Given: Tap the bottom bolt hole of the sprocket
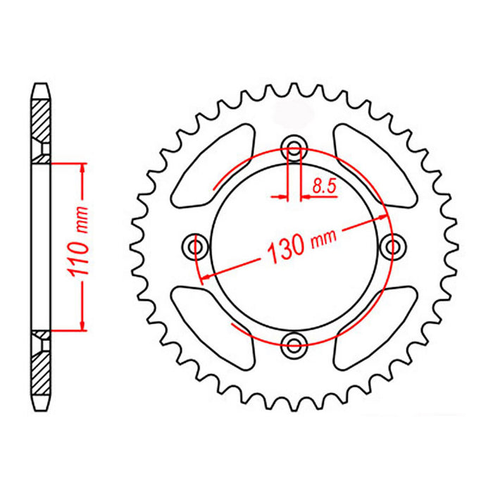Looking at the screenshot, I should (294, 344).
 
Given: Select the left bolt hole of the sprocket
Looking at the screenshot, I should (196, 246).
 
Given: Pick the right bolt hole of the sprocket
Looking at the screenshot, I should (392, 246).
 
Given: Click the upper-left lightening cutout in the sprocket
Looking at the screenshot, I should (212, 166).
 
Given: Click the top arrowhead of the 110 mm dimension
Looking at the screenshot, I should (83, 168).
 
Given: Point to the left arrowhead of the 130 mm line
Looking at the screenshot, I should (206, 275).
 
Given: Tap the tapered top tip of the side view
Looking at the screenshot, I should (41, 89).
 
